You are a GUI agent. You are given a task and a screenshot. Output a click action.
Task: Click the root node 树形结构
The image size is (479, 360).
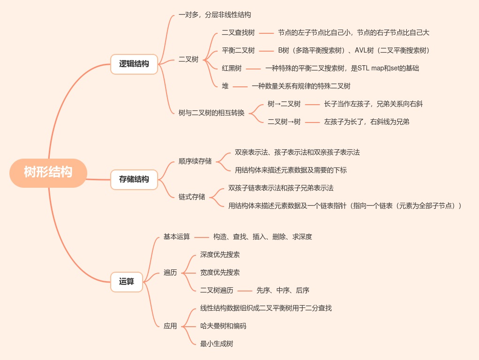click(x=48, y=173)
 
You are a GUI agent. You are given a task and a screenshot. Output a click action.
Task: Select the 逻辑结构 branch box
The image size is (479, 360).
click(x=134, y=64)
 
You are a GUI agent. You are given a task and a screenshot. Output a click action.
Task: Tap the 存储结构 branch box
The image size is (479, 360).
click(x=134, y=179)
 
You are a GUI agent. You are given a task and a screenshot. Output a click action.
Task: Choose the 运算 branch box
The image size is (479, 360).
click(x=127, y=282)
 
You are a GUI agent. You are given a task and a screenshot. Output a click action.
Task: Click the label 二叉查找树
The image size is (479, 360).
click(x=238, y=33)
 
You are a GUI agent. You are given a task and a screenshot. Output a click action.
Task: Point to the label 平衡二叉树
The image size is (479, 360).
click(x=238, y=51)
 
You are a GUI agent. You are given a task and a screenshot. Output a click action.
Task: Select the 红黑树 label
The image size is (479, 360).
click(x=232, y=69)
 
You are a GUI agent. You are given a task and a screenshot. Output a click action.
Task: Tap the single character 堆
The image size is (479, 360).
click(x=225, y=86)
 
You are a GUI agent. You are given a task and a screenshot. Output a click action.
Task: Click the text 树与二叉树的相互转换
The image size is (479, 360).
click(x=212, y=113)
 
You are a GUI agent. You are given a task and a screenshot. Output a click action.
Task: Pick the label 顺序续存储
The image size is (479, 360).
click(x=195, y=161)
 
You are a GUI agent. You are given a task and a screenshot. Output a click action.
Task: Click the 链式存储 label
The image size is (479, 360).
click(x=192, y=197)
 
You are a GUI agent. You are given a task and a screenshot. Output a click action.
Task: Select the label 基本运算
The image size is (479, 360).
click(x=177, y=237)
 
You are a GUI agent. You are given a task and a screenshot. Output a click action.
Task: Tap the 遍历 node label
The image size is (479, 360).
click(x=170, y=273)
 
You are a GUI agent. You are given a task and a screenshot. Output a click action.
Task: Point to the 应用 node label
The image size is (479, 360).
click(x=170, y=326)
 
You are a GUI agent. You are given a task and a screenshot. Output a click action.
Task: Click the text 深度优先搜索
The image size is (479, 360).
click(x=220, y=255)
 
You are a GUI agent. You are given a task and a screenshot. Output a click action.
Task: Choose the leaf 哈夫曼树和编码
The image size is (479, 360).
click(x=223, y=326)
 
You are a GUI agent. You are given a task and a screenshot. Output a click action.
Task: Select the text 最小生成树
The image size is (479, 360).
click(x=217, y=344)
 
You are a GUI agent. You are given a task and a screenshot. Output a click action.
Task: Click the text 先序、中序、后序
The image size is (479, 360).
click(x=283, y=291)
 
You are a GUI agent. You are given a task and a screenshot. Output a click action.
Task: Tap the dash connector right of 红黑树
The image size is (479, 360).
click(x=253, y=69)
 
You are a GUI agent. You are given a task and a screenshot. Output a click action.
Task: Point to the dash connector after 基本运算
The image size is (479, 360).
click(x=202, y=237)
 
